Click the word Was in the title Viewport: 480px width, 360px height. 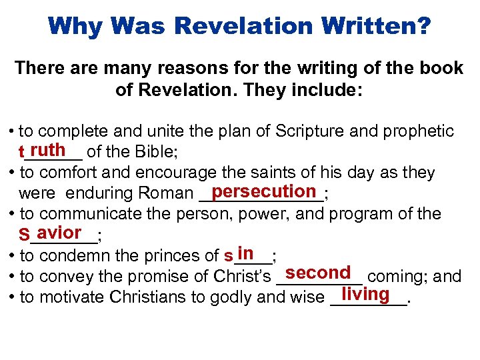(x=153, y=27)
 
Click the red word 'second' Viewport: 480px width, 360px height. (x=317, y=273)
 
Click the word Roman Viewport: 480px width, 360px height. (x=167, y=194)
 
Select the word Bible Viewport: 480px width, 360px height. (x=155, y=153)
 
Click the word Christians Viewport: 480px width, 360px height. (x=146, y=297)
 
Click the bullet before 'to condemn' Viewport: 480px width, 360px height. (x=13, y=255)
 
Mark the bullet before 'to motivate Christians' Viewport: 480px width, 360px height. (x=13, y=297)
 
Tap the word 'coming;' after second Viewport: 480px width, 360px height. (x=396, y=277)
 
